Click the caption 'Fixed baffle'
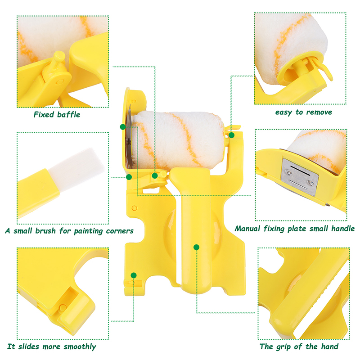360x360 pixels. pyautogui.click(x=57, y=114)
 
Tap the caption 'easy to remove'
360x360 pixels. pyautogui.click(x=303, y=112)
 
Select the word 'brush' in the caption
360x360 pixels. pyautogui.click(x=45, y=230)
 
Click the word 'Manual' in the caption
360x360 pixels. pyautogui.click(x=247, y=229)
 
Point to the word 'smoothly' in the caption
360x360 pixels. pyautogui.click(x=80, y=346)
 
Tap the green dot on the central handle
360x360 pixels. pyautogui.click(x=196, y=247)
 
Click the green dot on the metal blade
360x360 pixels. pyautogui.click(x=123, y=127)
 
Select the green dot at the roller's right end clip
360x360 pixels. pyautogui.click(x=231, y=135)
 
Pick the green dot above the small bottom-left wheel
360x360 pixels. pyautogui.click(x=134, y=275)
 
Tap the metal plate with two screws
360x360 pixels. pyautogui.click(x=300, y=177)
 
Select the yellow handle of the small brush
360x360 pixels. pyautogui.click(x=38, y=193)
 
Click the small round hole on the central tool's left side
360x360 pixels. pyautogui.click(x=134, y=208)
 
